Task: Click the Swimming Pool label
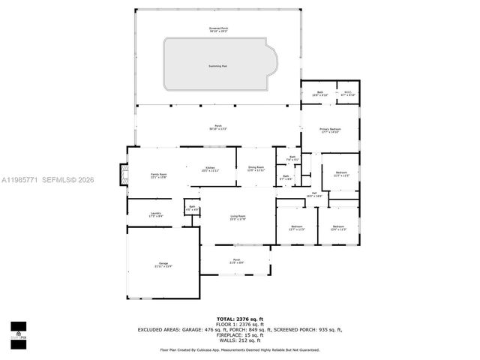(219, 66)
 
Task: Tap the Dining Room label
(256, 169)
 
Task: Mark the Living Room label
(237, 218)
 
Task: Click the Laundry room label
(156, 214)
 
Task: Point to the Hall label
(316, 194)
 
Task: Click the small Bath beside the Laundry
(192, 208)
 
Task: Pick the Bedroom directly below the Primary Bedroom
(341, 174)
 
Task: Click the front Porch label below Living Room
(236, 261)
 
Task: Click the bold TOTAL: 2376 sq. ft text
(239, 318)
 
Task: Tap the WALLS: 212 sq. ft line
(239, 340)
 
